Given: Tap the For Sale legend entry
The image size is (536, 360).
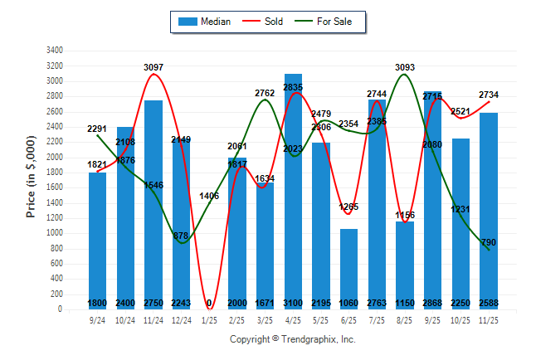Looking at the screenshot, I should (x=331, y=22).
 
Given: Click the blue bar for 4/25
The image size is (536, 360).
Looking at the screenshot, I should (x=293, y=191).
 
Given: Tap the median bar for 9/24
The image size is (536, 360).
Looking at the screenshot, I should (x=98, y=241).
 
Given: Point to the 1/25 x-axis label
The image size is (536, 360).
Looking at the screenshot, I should (x=209, y=319).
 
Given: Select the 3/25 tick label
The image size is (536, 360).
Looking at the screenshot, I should (x=265, y=319).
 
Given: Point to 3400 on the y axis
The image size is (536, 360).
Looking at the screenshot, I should (x=56, y=50).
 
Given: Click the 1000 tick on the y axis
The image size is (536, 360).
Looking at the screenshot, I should (x=56, y=233).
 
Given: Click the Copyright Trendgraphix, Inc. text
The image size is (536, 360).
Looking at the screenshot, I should (x=292, y=339).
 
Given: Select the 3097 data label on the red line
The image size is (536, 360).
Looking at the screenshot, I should (x=153, y=66).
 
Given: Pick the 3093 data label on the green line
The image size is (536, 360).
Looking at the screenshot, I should (x=404, y=67).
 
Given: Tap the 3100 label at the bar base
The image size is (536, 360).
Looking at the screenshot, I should (x=293, y=303).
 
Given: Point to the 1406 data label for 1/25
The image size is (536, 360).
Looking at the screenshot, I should (x=209, y=196).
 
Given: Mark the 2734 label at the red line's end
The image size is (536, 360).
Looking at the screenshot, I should (x=490, y=95).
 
